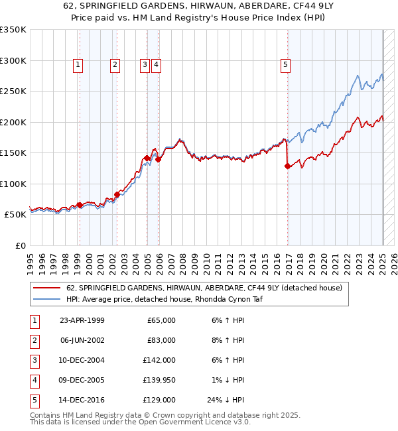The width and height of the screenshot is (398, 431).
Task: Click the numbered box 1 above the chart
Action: (78, 65)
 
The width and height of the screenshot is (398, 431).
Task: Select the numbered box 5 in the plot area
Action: (285, 65)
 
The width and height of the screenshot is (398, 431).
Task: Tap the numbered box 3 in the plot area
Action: (144, 65)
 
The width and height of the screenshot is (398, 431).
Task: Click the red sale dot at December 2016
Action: (287, 166)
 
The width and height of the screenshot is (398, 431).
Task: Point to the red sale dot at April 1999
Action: (80, 206)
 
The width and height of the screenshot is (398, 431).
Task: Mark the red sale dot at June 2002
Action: (117, 194)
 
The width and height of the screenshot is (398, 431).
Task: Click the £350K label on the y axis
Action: (13, 30)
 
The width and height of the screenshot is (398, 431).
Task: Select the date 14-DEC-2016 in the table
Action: (82, 400)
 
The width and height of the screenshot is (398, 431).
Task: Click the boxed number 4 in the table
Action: (33, 380)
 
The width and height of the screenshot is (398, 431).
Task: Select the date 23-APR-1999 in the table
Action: (82, 320)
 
